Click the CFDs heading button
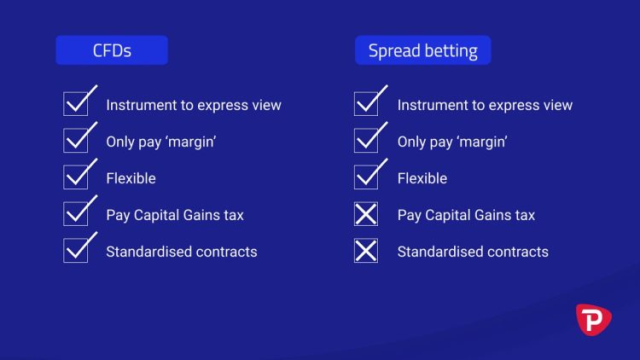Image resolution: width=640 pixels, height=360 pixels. click(x=112, y=50)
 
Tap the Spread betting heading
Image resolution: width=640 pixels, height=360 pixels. click(x=422, y=50)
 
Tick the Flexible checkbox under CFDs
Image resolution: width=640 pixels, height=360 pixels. click(x=76, y=177)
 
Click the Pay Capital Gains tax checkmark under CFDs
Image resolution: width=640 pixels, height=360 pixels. click(x=76, y=214)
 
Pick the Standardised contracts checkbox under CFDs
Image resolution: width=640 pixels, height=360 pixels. click(x=76, y=251)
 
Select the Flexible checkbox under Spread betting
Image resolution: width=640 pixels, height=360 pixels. click(x=366, y=177)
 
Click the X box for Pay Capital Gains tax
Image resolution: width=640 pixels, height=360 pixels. click(x=366, y=214)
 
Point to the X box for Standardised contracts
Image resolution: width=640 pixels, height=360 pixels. click(x=366, y=251)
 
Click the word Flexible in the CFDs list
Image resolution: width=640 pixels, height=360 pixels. click(x=131, y=178)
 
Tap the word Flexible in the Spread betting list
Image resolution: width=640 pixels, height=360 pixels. click(x=422, y=178)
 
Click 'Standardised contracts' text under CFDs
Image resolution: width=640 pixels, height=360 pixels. click(x=181, y=252)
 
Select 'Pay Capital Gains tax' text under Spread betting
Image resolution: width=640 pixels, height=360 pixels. click(x=466, y=215)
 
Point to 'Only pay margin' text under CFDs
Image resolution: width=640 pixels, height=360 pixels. click(x=160, y=142)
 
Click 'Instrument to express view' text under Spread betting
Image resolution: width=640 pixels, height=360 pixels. click(x=485, y=106)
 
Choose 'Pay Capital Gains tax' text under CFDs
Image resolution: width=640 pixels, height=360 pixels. click(x=175, y=215)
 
